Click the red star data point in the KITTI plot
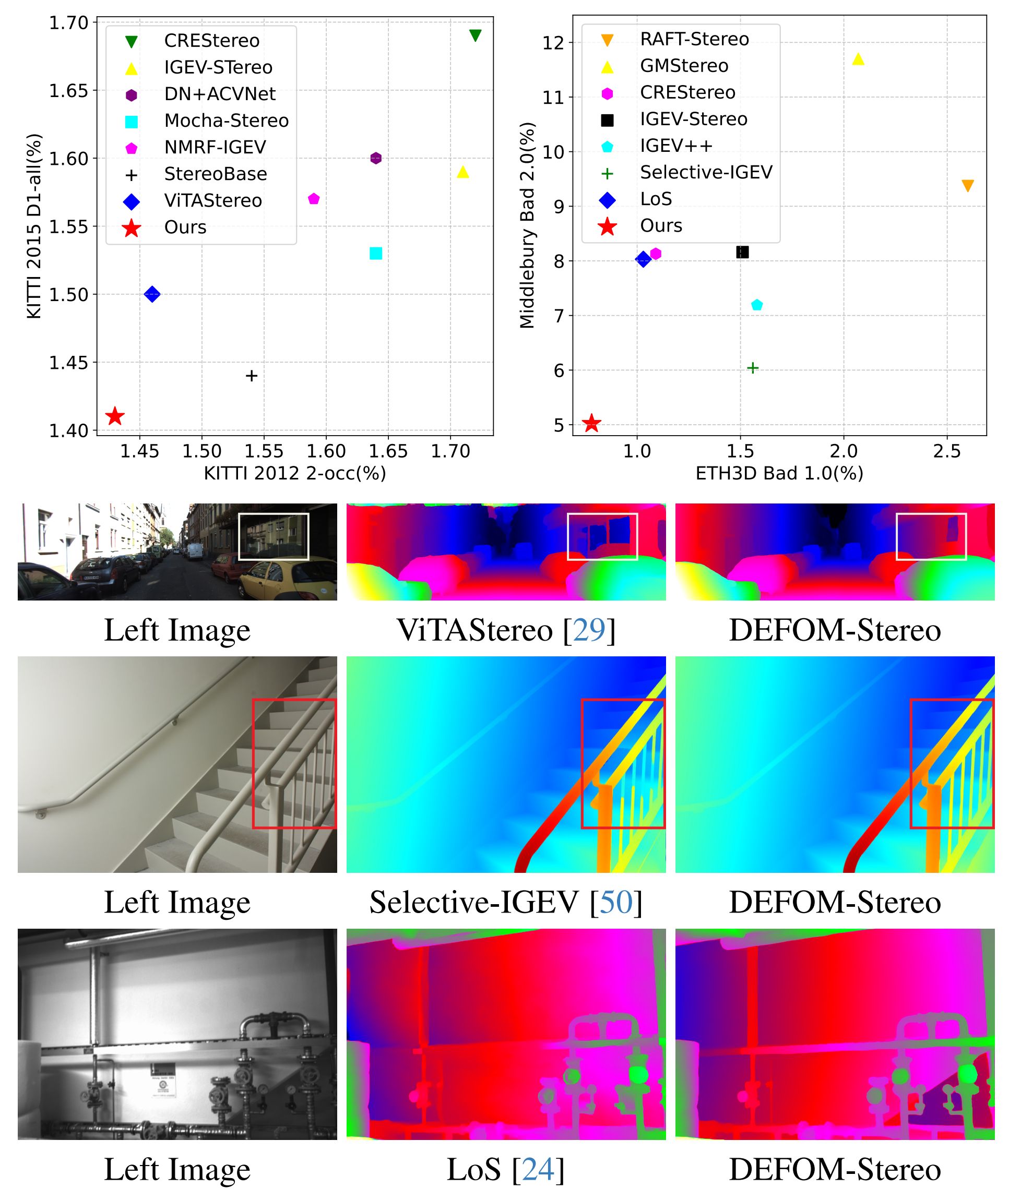pos(115,416)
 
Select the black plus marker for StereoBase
pos(251,376)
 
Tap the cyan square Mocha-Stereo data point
pos(376,254)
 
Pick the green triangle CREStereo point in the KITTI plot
pos(475,36)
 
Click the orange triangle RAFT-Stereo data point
pos(967,186)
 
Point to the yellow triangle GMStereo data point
pos(858,59)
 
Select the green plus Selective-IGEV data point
pos(752,368)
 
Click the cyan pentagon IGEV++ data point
pos(756,305)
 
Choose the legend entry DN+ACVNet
pos(219,94)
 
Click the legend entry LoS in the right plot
pos(656,199)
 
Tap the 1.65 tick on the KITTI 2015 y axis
pos(68,91)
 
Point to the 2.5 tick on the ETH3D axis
pos(947,451)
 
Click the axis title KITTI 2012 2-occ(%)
pos(294,473)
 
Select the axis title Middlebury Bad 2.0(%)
pos(527,225)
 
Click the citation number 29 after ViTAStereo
pos(589,630)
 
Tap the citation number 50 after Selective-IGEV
pos(616,902)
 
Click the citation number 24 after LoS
pos(538,1169)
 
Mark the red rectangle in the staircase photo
pos(294,764)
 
